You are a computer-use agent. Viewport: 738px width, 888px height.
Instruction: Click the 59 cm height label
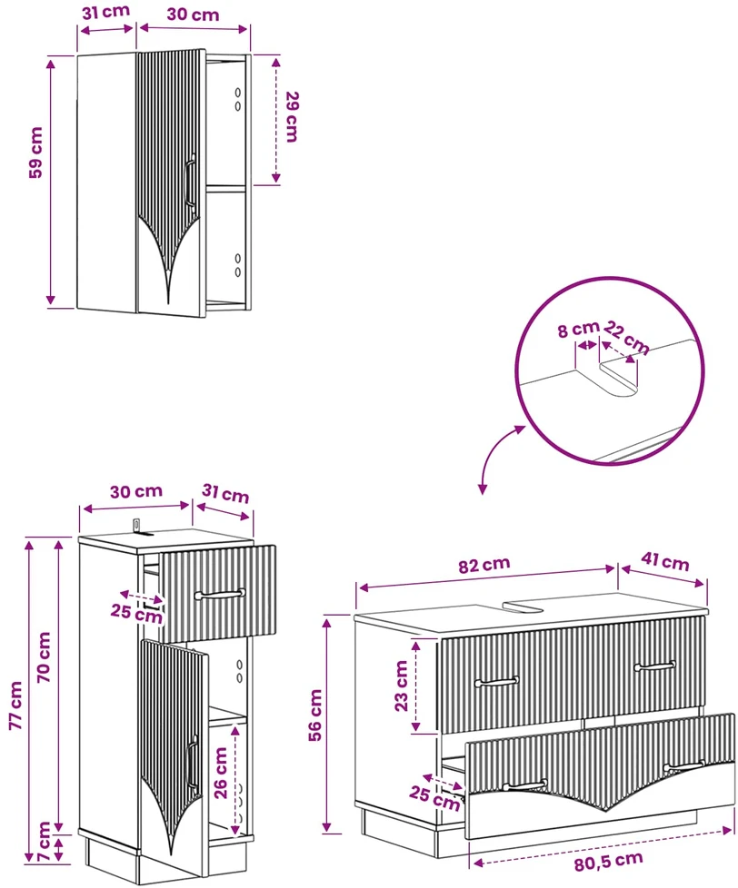coord(35,153)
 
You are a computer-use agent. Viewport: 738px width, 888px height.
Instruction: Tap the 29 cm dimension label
coord(292,116)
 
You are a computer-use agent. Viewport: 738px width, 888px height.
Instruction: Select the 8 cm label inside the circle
coord(578,329)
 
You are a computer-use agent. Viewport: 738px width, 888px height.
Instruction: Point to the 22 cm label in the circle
coord(626,338)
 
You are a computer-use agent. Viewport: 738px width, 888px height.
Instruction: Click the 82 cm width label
coord(484,565)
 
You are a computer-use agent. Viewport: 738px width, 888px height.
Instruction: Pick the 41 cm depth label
coord(665,561)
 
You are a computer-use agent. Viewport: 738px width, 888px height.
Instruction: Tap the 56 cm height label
coord(315,715)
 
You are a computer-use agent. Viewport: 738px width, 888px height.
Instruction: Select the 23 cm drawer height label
coord(401,686)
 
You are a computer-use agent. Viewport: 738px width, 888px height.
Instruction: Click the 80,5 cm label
coord(608,862)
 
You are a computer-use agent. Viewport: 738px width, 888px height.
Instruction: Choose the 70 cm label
coord(44,657)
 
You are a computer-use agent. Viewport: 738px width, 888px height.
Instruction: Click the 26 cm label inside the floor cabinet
coord(220,773)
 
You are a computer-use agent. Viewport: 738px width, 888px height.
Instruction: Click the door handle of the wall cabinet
coord(190,183)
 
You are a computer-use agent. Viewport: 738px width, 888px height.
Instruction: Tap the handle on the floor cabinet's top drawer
coord(220,594)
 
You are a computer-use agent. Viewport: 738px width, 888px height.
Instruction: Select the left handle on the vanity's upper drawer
coord(496,681)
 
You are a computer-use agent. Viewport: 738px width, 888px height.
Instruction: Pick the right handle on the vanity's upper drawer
coord(654,666)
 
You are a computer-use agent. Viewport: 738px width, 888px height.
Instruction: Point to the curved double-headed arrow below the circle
coord(496,452)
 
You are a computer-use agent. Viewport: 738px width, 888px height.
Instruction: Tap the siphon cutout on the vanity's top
coord(524,607)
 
